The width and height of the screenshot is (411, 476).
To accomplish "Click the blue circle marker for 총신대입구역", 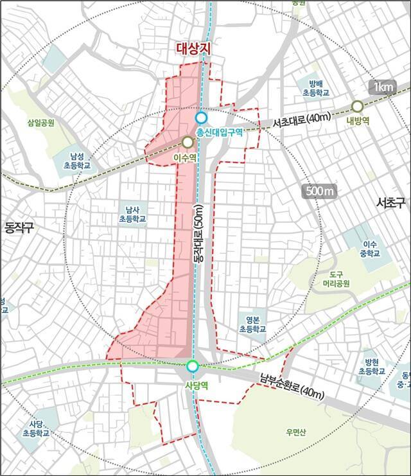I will (202, 118).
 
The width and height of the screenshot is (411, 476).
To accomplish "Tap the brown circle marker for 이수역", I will (188, 142).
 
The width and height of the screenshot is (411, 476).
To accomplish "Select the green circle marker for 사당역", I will (192, 367).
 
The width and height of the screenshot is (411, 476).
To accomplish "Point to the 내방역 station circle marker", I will (358, 106).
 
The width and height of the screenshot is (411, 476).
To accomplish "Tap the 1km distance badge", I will (383, 87).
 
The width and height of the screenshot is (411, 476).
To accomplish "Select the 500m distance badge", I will (319, 191).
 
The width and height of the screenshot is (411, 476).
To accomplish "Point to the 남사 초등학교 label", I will (133, 214).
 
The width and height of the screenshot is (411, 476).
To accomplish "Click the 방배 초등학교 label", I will (318, 88).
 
